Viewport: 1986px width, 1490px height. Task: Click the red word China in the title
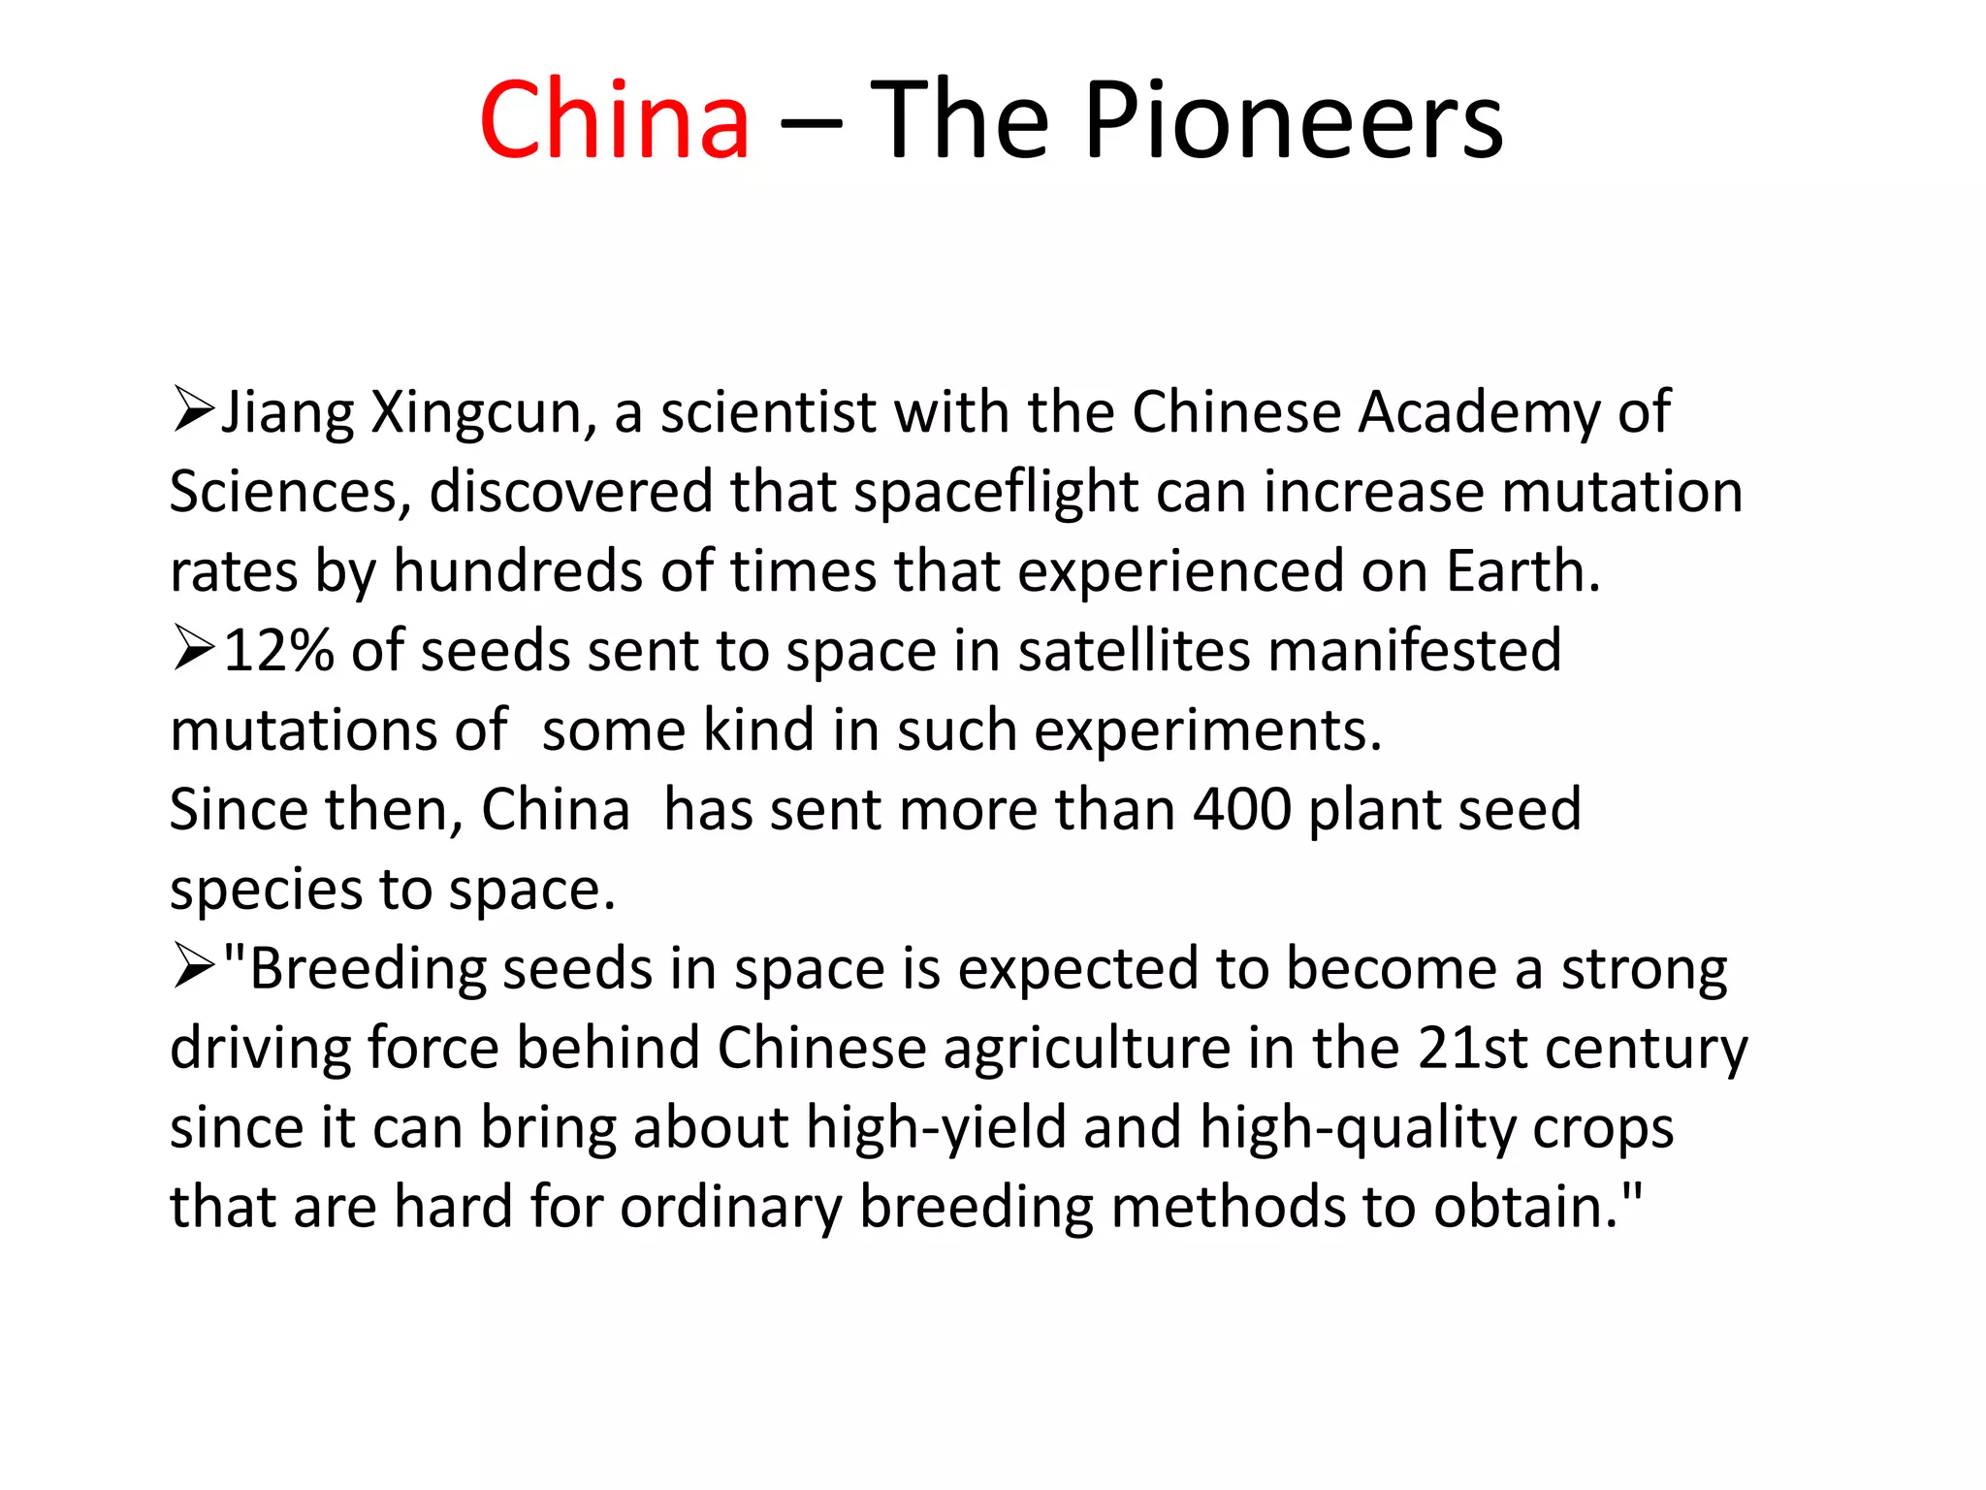(x=615, y=120)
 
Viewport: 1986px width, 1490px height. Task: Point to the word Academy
(x=1478, y=413)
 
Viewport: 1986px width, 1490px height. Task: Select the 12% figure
(x=279, y=650)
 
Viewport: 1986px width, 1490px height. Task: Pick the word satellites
(x=1135, y=650)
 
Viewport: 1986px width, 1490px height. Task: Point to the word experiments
(x=1207, y=731)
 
